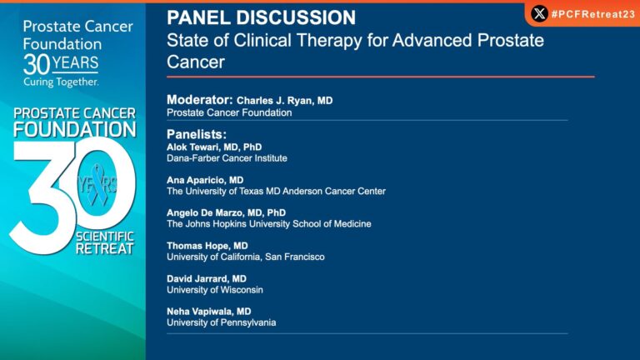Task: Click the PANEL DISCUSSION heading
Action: click(x=261, y=17)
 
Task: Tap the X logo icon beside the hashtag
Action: click(x=539, y=13)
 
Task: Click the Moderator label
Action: click(x=199, y=100)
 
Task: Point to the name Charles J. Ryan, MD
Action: click(x=284, y=100)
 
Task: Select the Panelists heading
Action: click(x=197, y=133)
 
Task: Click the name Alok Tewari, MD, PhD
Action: click(x=214, y=147)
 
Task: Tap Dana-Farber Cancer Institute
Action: click(x=227, y=157)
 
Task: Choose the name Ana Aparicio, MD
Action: click(x=205, y=180)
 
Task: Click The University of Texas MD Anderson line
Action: click(x=276, y=191)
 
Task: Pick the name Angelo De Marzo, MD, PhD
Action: click(x=226, y=212)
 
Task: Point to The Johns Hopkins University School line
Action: click(x=268, y=224)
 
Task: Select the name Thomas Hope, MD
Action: click(x=207, y=246)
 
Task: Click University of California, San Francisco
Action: click(x=245, y=257)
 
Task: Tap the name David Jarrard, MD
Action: click(x=207, y=278)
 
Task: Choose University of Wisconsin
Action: click(x=214, y=290)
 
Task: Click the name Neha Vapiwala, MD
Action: click(x=209, y=312)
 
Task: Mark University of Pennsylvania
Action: click(x=221, y=322)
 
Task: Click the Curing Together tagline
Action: click(x=61, y=82)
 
